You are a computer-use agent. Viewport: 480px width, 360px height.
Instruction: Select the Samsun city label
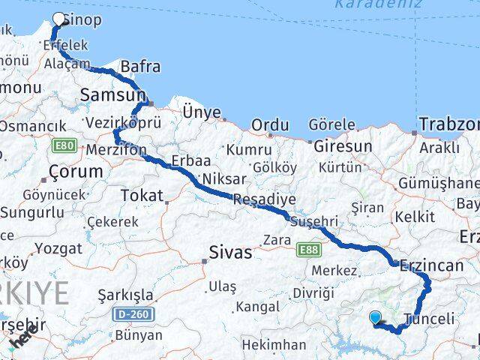coord(113,95)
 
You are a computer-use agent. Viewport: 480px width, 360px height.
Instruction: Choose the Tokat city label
coord(142,196)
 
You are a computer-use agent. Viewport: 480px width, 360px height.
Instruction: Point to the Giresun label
coord(343,145)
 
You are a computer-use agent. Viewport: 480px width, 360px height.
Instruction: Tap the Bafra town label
coord(140,67)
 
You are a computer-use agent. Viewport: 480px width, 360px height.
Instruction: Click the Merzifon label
coord(116,149)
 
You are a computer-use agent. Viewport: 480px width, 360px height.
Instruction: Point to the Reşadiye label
coord(264,199)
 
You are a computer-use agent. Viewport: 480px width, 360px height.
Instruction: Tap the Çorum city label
coord(75,171)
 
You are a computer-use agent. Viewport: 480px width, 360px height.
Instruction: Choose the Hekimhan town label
coord(274,345)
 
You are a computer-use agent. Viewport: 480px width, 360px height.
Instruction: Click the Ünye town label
coord(202,112)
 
